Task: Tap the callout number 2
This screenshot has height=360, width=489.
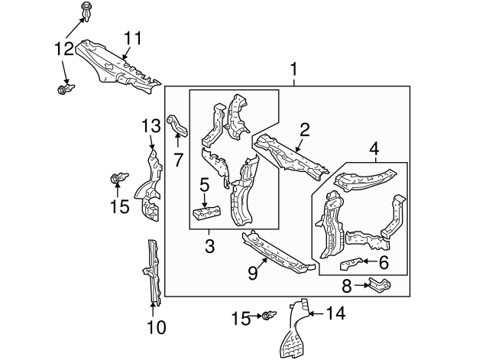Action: pyautogui.click(x=304, y=129)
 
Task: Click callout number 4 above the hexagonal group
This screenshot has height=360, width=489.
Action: pyautogui.click(x=374, y=148)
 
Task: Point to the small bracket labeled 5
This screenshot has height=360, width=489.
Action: pyautogui.click(x=207, y=213)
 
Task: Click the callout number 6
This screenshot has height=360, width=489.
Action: pyautogui.click(x=383, y=262)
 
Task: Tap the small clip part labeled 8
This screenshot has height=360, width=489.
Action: pyautogui.click(x=380, y=286)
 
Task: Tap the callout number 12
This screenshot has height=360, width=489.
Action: pyautogui.click(x=64, y=49)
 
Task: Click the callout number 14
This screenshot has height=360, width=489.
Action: pyautogui.click(x=336, y=313)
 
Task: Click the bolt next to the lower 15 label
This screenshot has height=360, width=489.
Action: pyautogui.click(x=269, y=316)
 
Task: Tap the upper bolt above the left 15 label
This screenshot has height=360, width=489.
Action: pyautogui.click(x=116, y=180)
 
